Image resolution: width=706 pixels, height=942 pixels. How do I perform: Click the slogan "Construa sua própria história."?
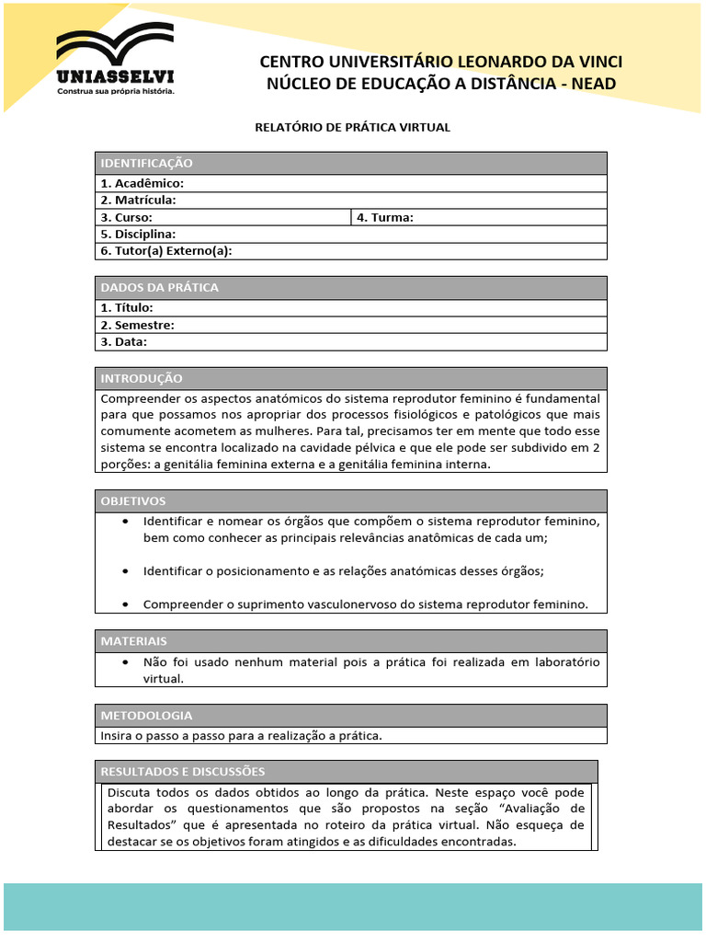point(116,91)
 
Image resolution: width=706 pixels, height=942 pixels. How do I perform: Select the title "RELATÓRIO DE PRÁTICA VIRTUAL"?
point(352,128)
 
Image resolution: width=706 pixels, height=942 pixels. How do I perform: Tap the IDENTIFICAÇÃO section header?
point(147,163)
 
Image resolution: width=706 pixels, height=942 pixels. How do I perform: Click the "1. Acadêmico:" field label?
point(142,184)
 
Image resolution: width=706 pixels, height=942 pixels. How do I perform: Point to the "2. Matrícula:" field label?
point(139,201)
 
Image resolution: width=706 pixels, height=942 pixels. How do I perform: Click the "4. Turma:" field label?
point(385,218)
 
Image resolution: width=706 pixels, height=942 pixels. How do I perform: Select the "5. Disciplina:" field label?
point(139,235)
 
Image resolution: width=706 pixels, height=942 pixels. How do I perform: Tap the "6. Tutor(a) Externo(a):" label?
point(166,251)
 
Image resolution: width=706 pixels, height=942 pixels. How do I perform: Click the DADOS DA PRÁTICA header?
point(160,288)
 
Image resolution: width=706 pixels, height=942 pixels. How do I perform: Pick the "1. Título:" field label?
point(128,308)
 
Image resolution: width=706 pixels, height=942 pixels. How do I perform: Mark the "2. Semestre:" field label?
point(138,325)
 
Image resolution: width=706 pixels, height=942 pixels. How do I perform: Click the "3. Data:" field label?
point(124,342)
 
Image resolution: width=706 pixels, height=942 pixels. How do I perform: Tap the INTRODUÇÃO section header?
point(142,379)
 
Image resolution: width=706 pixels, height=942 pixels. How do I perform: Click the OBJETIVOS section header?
point(133,501)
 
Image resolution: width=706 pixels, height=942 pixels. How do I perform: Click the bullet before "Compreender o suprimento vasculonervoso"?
point(125,604)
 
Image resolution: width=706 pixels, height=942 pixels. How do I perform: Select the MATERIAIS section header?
point(134,641)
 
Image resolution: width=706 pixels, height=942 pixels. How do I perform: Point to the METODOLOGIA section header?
point(146,716)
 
